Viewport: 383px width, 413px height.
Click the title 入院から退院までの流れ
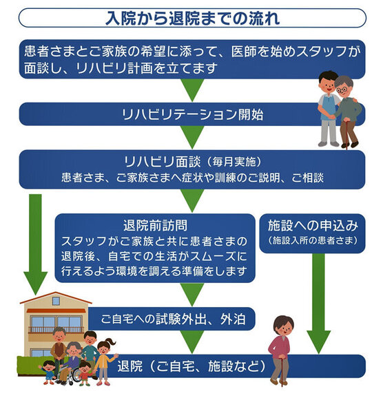192,18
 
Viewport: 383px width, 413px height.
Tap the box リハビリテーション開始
192,114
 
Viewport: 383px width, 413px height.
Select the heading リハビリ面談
163,162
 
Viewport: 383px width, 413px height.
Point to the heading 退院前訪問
155,225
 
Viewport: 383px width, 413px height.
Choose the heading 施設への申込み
313,226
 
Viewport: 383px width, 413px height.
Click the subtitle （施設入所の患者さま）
313,240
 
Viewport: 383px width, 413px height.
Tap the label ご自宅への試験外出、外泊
173,319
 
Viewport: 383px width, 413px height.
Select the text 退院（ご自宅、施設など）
191,366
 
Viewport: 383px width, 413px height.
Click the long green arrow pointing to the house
35,244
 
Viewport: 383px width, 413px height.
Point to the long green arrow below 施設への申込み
318,303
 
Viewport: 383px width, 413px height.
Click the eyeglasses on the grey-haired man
342,90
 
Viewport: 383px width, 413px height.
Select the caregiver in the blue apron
328,109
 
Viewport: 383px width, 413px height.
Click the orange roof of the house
56,298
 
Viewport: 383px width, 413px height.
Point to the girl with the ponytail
105,361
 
